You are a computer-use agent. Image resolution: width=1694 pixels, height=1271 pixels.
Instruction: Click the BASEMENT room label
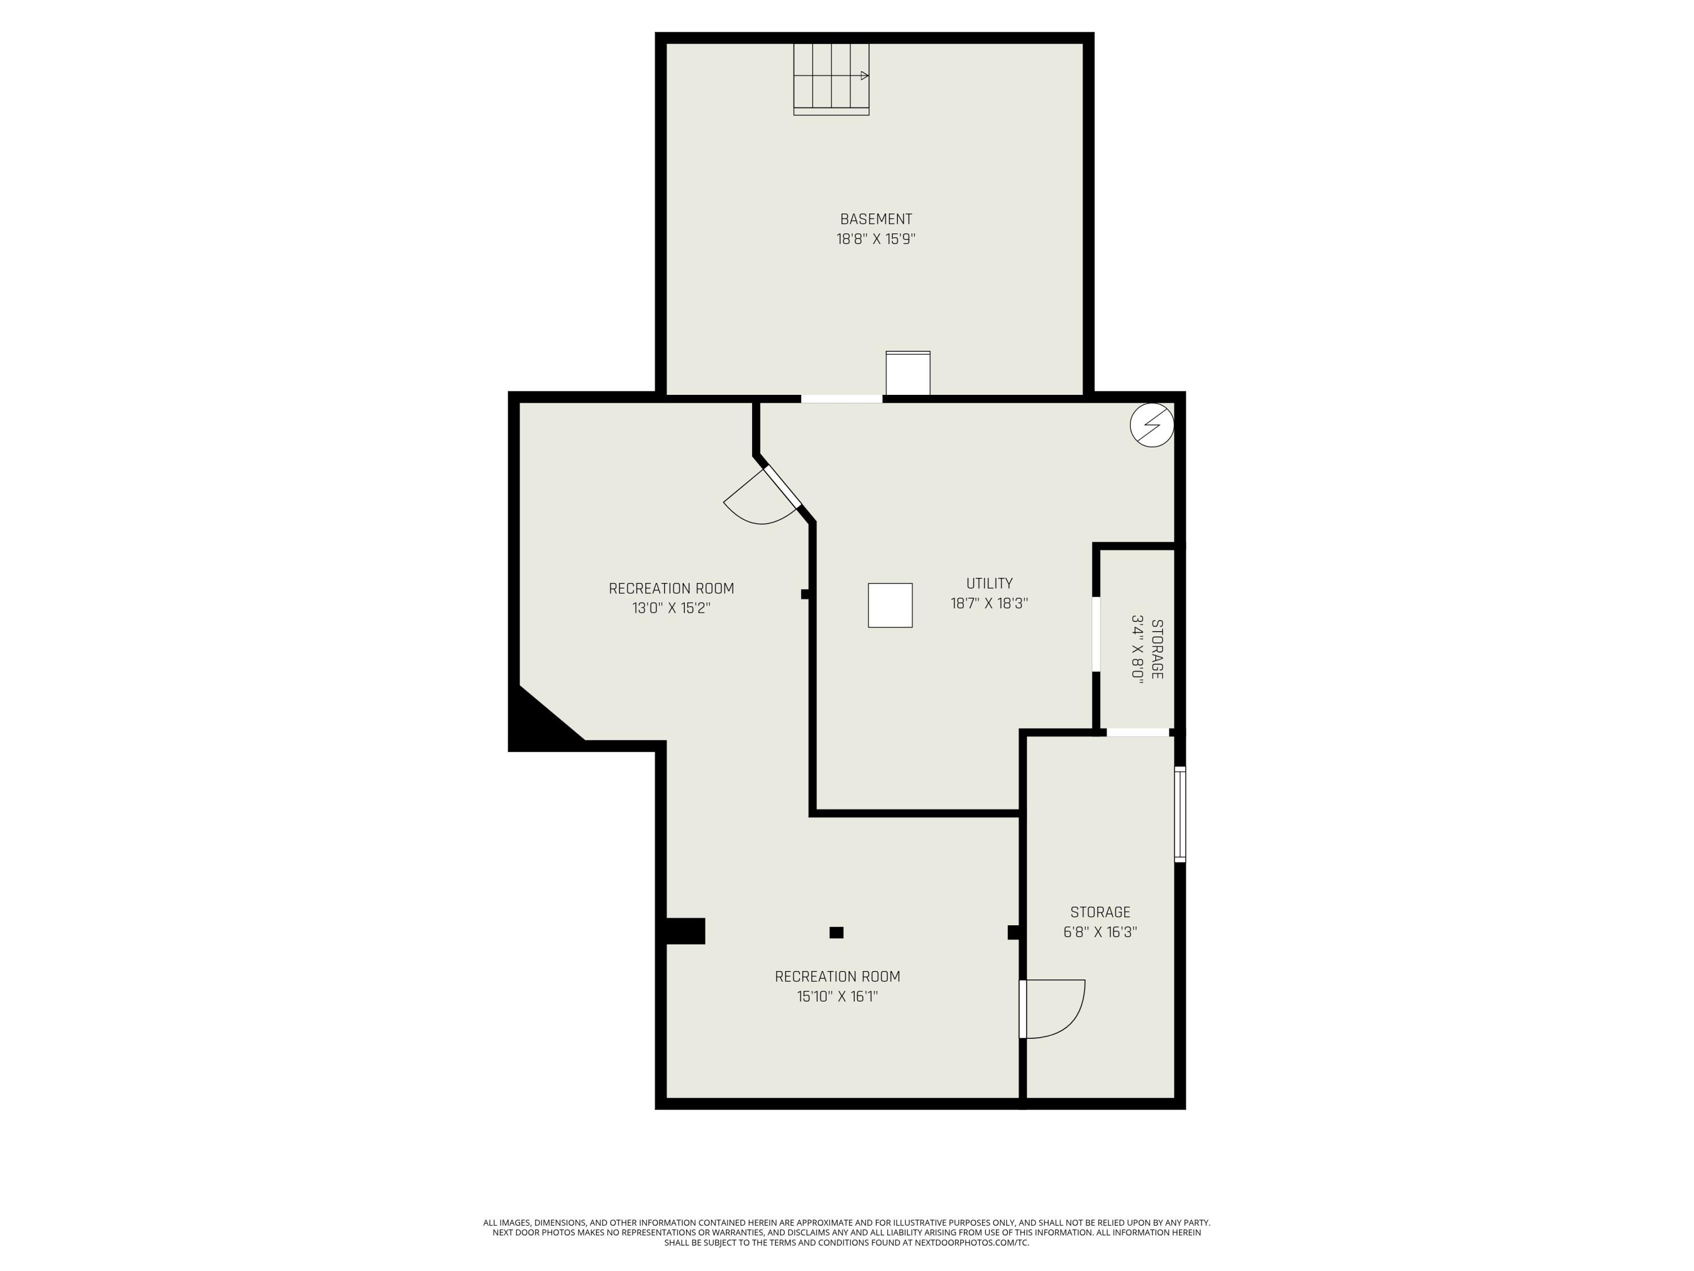pos(876,219)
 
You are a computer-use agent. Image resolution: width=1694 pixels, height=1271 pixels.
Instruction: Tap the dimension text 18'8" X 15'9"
pos(876,239)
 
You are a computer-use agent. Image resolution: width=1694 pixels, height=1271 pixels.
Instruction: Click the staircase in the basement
pos(831,79)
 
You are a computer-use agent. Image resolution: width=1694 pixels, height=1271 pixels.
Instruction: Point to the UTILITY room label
pos(989,583)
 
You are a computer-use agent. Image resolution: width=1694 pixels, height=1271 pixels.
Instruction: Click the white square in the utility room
pos(890,605)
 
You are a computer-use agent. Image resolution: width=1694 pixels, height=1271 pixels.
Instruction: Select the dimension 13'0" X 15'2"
pos(671,608)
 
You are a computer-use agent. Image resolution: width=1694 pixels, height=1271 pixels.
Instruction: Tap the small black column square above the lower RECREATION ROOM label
pos(836,933)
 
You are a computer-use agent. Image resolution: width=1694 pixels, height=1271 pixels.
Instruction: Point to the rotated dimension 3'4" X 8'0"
pos(1137,648)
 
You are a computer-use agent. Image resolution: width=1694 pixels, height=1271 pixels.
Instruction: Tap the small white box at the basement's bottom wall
pos(908,373)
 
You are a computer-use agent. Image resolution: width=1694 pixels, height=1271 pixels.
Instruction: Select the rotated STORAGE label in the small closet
pos(1157,648)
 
